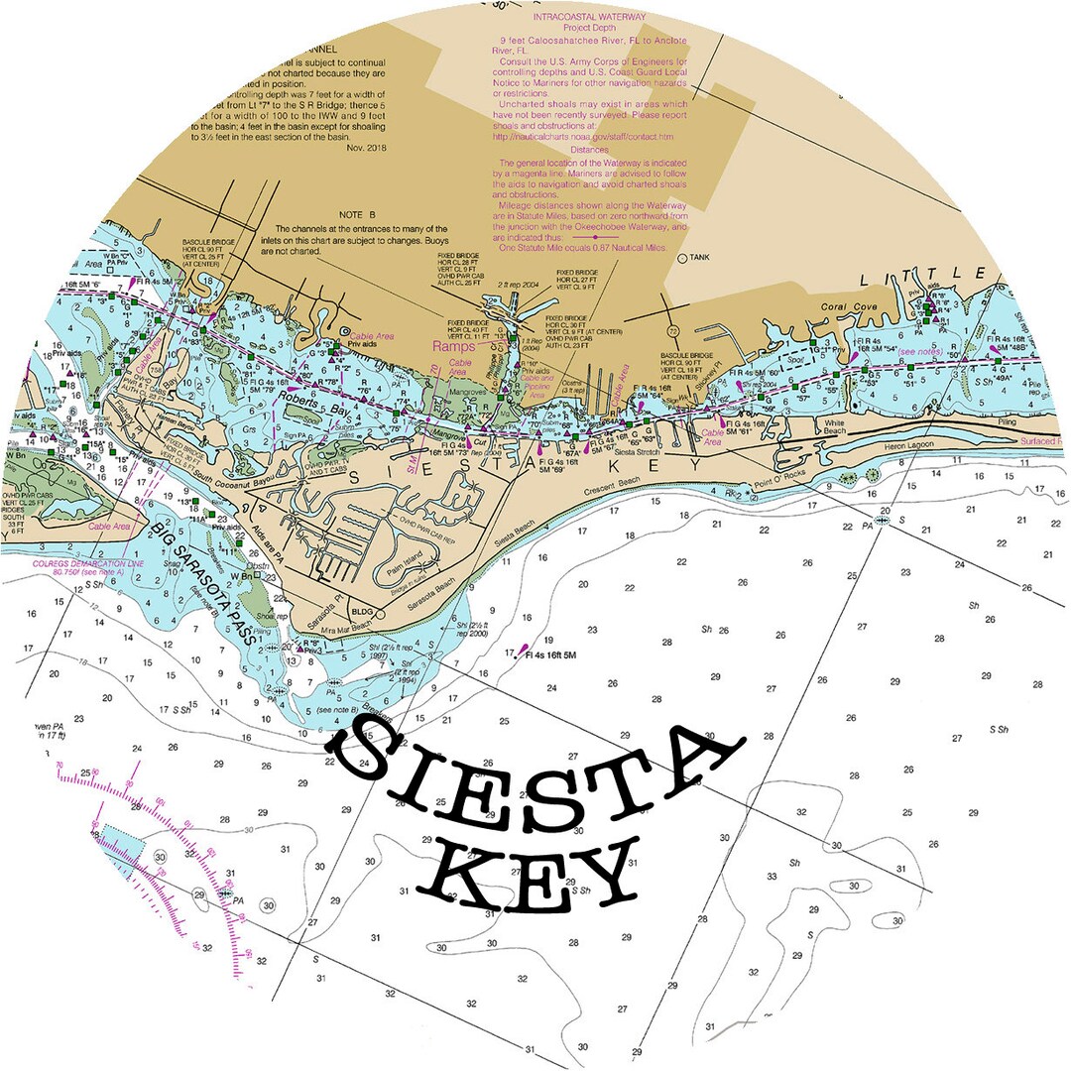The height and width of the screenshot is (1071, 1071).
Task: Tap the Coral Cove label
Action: (x=850, y=307)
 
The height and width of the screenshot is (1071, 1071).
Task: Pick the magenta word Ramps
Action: (x=452, y=346)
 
